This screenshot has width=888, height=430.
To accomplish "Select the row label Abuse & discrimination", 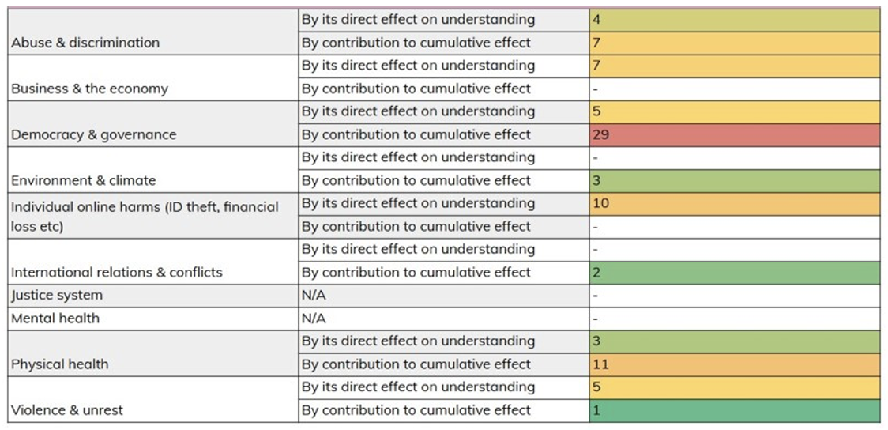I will tap(85, 43).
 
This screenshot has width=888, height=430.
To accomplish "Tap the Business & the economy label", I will tap(89, 89).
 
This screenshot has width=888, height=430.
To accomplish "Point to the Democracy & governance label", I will tap(94, 134).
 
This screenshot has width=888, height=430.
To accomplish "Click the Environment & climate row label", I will tap(84, 180).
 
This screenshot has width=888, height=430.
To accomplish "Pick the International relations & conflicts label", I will tap(117, 273).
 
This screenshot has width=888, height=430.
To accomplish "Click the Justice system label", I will tap(57, 296).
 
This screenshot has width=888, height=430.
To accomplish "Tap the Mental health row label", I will tap(55, 319).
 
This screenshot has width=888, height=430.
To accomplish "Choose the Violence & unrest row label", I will tap(67, 410).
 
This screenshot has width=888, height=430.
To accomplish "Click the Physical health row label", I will tap(60, 364).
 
